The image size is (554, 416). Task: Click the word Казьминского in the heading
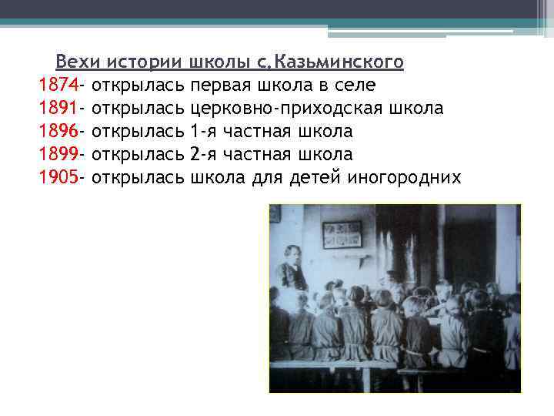(339, 60)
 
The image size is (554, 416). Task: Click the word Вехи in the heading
(78, 60)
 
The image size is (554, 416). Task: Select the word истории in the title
(144, 60)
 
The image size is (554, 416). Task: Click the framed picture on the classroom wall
(342, 234)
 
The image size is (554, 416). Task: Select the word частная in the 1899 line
(261, 154)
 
